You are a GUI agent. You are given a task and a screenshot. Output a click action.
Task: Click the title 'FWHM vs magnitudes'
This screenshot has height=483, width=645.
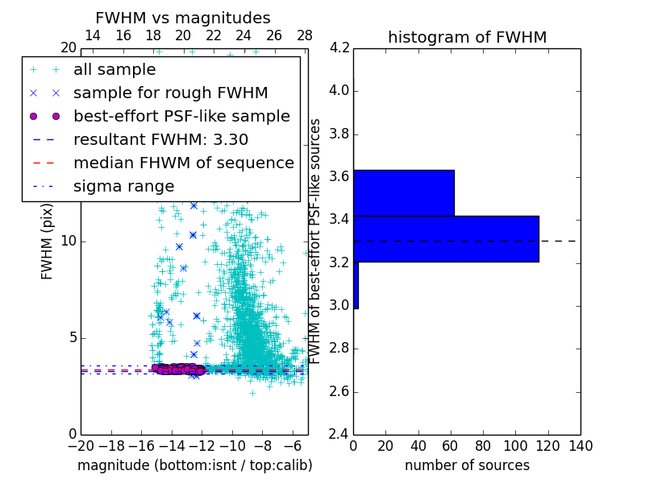[x=183, y=18]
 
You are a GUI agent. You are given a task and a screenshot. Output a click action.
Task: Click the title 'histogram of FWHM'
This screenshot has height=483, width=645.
[x=467, y=37]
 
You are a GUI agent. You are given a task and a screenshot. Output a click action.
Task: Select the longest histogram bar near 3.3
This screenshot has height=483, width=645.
[x=446, y=238]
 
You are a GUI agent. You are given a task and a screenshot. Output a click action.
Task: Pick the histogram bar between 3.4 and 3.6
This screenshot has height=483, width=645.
[x=403, y=192]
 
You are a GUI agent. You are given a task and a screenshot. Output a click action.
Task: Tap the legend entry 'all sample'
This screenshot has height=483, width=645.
[x=114, y=70]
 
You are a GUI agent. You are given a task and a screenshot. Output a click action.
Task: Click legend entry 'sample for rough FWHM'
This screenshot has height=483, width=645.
[x=170, y=93]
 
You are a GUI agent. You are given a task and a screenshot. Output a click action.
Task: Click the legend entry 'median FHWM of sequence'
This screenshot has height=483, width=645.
[x=183, y=163]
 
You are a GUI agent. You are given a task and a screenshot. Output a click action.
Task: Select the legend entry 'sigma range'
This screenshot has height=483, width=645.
[x=123, y=186]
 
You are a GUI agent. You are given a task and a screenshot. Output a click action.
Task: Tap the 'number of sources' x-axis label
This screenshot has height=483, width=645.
[x=467, y=465]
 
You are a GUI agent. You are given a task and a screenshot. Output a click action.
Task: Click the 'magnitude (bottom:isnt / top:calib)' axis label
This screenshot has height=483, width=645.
[x=194, y=465]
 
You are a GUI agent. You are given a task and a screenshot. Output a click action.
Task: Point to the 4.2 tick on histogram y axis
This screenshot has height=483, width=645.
[x=339, y=47]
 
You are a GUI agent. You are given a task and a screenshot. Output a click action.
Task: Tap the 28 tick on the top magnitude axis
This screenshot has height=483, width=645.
[x=305, y=35]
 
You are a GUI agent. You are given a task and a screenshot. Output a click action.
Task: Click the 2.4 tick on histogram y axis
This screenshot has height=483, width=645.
[x=339, y=434]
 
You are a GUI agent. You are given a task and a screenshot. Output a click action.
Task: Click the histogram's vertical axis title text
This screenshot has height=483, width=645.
[x=316, y=241]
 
